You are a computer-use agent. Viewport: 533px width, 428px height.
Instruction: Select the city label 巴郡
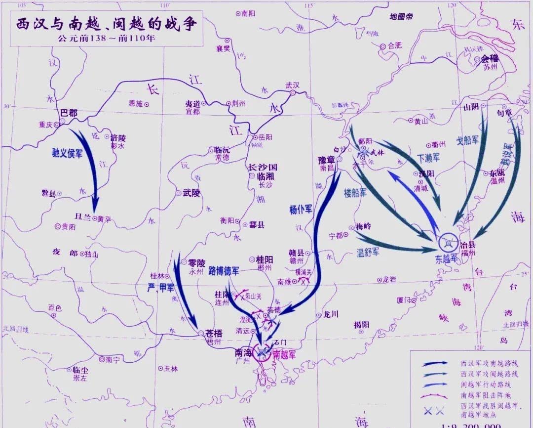click(x=69, y=113)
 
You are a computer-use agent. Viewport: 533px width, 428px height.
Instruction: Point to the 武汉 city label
click(x=293, y=85)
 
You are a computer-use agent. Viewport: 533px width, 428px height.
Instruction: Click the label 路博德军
click(x=224, y=271)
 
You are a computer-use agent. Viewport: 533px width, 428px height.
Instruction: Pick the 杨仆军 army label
click(x=301, y=210)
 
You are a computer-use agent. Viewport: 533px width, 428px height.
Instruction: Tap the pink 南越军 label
click(x=284, y=354)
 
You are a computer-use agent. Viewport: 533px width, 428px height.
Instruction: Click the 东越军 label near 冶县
click(x=447, y=259)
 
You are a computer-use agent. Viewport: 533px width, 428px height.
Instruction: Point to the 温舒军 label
click(x=368, y=253)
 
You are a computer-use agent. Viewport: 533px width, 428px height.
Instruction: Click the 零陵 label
click(x=196, y=263)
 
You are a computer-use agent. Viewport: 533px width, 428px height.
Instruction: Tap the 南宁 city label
click(x=113, y=359)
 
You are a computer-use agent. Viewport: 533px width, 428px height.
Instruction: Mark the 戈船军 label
click(x=467, y=140)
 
